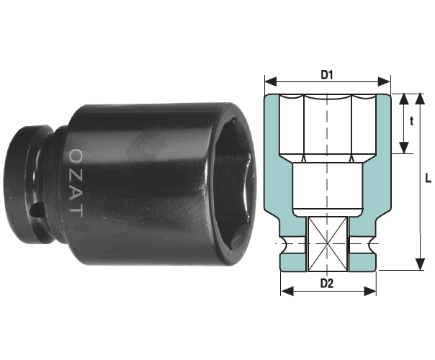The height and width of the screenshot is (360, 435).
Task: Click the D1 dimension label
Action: [327, 75]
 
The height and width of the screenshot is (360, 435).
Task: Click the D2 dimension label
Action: [327, 283]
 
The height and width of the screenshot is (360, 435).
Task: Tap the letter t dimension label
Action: [411, 121]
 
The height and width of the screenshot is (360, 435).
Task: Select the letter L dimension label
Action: [428, 178]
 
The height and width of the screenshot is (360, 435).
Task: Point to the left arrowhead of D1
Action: [271, 82]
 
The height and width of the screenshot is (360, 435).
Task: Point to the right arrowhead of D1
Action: [385, 82]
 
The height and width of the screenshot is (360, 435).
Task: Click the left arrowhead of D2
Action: [287, 291]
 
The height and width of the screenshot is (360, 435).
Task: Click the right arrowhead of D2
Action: [370, 291]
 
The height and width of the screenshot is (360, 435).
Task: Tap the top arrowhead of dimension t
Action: [404, 99]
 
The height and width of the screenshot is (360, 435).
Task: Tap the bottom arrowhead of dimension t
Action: [404, 148]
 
